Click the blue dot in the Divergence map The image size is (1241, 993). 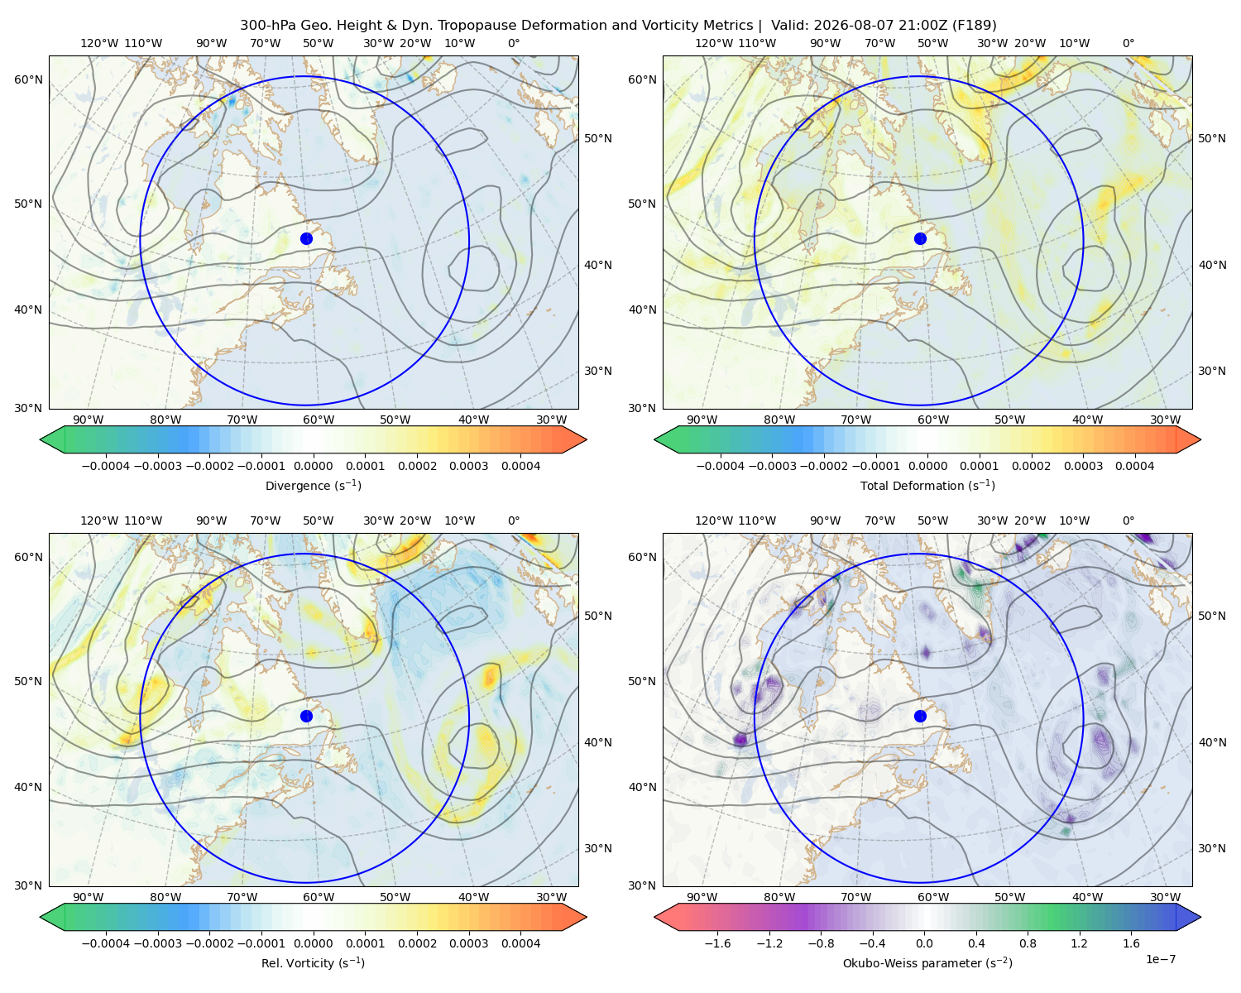pyautogui.click(x=306, y=239)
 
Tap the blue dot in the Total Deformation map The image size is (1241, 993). pyautogui.click(x=920, y=239)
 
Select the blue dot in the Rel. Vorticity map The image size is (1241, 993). pyautogui.click(x=306, y=716)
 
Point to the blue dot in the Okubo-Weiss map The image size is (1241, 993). pyautogui.click(x=920, y=716)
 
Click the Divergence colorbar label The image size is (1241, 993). pyautogui.click(x=313, y=486)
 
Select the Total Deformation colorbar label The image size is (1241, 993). pyautogui.click(x=927, y=486)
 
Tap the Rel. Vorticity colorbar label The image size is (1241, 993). pyautogui.click(x=313, y=963)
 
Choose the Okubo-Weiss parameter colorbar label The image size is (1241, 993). pyautogui.click(x=927, y=963)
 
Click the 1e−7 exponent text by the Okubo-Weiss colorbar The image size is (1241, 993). pyautogui.click(x=1160, y=959)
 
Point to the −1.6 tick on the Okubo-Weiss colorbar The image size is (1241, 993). pyautogui.click(x=717, y=943)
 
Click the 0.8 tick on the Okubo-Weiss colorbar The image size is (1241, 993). pyautogui.click(x=1028, y=943)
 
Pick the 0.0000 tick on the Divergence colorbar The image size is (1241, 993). pyautogui.click(x=313, y=466)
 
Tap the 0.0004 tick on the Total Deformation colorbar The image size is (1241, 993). pyautogui.click(x=1134, y=466)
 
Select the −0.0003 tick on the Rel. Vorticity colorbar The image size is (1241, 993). pyautogui.click(x=157, y=943)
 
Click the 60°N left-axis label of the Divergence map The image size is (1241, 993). pyautogui.click(x=28, y=79)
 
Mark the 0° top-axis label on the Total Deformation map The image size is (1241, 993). pyautogui.click(x=1128, y=43)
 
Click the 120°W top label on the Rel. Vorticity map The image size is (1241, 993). pyautogui.click(x=99, y=520)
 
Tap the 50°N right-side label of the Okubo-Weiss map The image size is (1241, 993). pyautogui.click(x=1211, y=616)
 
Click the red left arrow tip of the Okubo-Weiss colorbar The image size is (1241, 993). pyautogui.click(x=655, y=917)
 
